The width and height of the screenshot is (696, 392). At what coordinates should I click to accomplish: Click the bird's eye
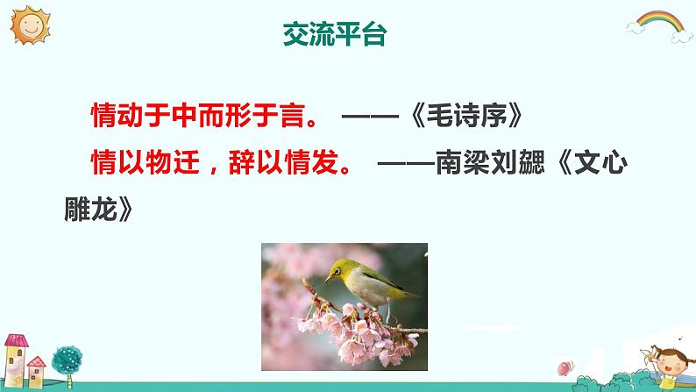pos(336,270)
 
